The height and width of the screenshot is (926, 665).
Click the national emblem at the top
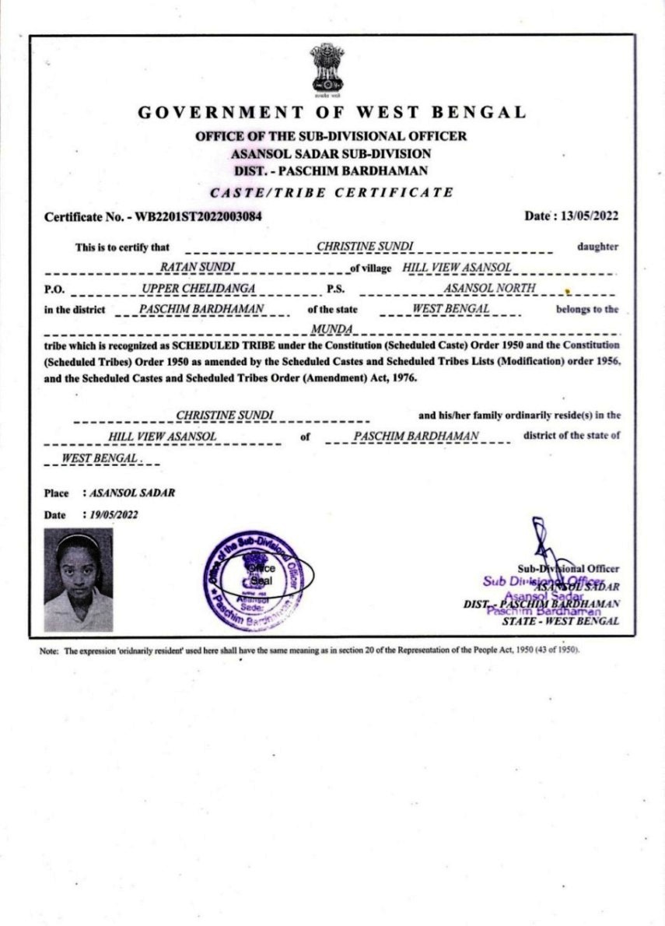pos(327,68)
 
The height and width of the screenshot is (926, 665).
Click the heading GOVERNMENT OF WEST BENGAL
pos(332,112)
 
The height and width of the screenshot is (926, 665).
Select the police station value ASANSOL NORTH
pos(489,289)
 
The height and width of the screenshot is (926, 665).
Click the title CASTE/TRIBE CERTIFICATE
pos(331,192)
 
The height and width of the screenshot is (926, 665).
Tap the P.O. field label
pos(54,289)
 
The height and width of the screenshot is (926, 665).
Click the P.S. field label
pos(335,289)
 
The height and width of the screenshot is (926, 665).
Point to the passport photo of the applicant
pos(78,580)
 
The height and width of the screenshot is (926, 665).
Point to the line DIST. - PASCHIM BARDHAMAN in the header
pos(331,170)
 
